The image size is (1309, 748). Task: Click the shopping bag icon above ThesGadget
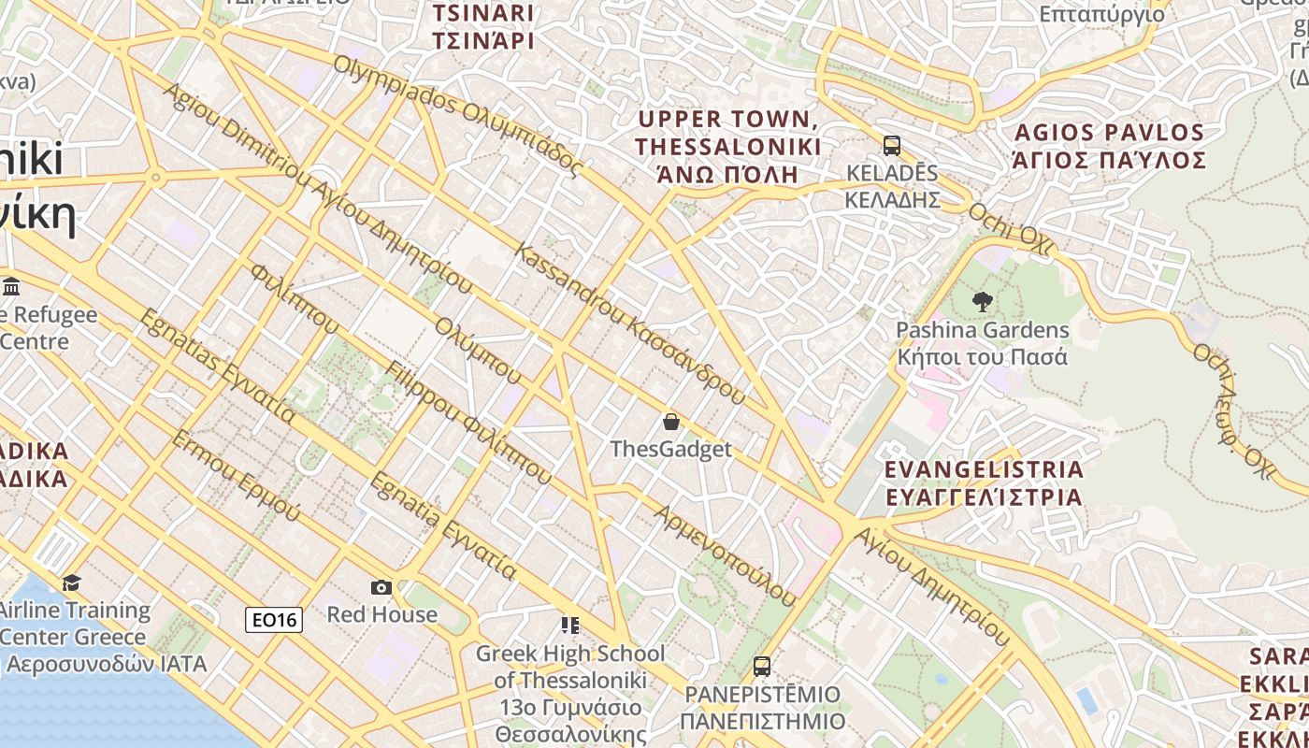pyautogui.click(x=670, y=422)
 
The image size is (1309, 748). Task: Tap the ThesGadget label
pyautogui.click(x=670, y=450)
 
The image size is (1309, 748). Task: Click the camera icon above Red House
pyautogui.click(x=381, y=587)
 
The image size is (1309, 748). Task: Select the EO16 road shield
pyautogui.click(x=274, y=619)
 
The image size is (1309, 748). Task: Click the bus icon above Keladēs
pyautogui.click(x=892, y=146)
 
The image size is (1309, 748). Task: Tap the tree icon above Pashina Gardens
pyautogui.click(x=982, y=302)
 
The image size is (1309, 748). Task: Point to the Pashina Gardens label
pyautogui.click(x=982, y=343)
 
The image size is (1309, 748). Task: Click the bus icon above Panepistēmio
pyautogui.click(x=762, y=667)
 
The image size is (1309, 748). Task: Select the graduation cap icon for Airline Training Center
pyautogui.click(x=72, y=583)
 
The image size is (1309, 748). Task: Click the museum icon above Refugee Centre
pyautogui.click(x=12, y=286)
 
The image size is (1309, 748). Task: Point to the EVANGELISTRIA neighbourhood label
pyautogui.click(x=983, y=482)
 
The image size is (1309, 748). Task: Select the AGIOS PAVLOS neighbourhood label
pyautogui.click(x=1109, y=146)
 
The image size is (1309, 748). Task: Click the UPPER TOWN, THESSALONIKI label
pyautogui.click(x=727, y=147)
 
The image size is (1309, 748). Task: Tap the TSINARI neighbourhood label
pyautogui.click(x=482, y=27)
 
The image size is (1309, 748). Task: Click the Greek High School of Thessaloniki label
pyautogui.click(x=570, y=693)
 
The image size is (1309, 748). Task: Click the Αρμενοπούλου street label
pyautogui.click(x=725, y=555)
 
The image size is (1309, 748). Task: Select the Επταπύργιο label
pyautogui.click(x=1102, y=14)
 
